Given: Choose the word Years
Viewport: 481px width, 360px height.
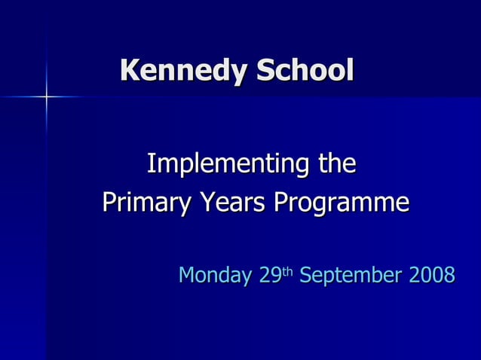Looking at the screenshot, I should click(231, 203).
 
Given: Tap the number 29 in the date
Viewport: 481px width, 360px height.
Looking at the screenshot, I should click(270, 275).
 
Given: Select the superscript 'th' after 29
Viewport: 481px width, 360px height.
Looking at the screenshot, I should click(288, 270).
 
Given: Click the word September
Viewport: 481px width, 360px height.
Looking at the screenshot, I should click(351, 276).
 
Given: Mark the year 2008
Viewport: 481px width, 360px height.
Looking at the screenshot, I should click(432, 275).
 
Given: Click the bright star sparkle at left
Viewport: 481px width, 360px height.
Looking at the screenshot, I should click(46, 97).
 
